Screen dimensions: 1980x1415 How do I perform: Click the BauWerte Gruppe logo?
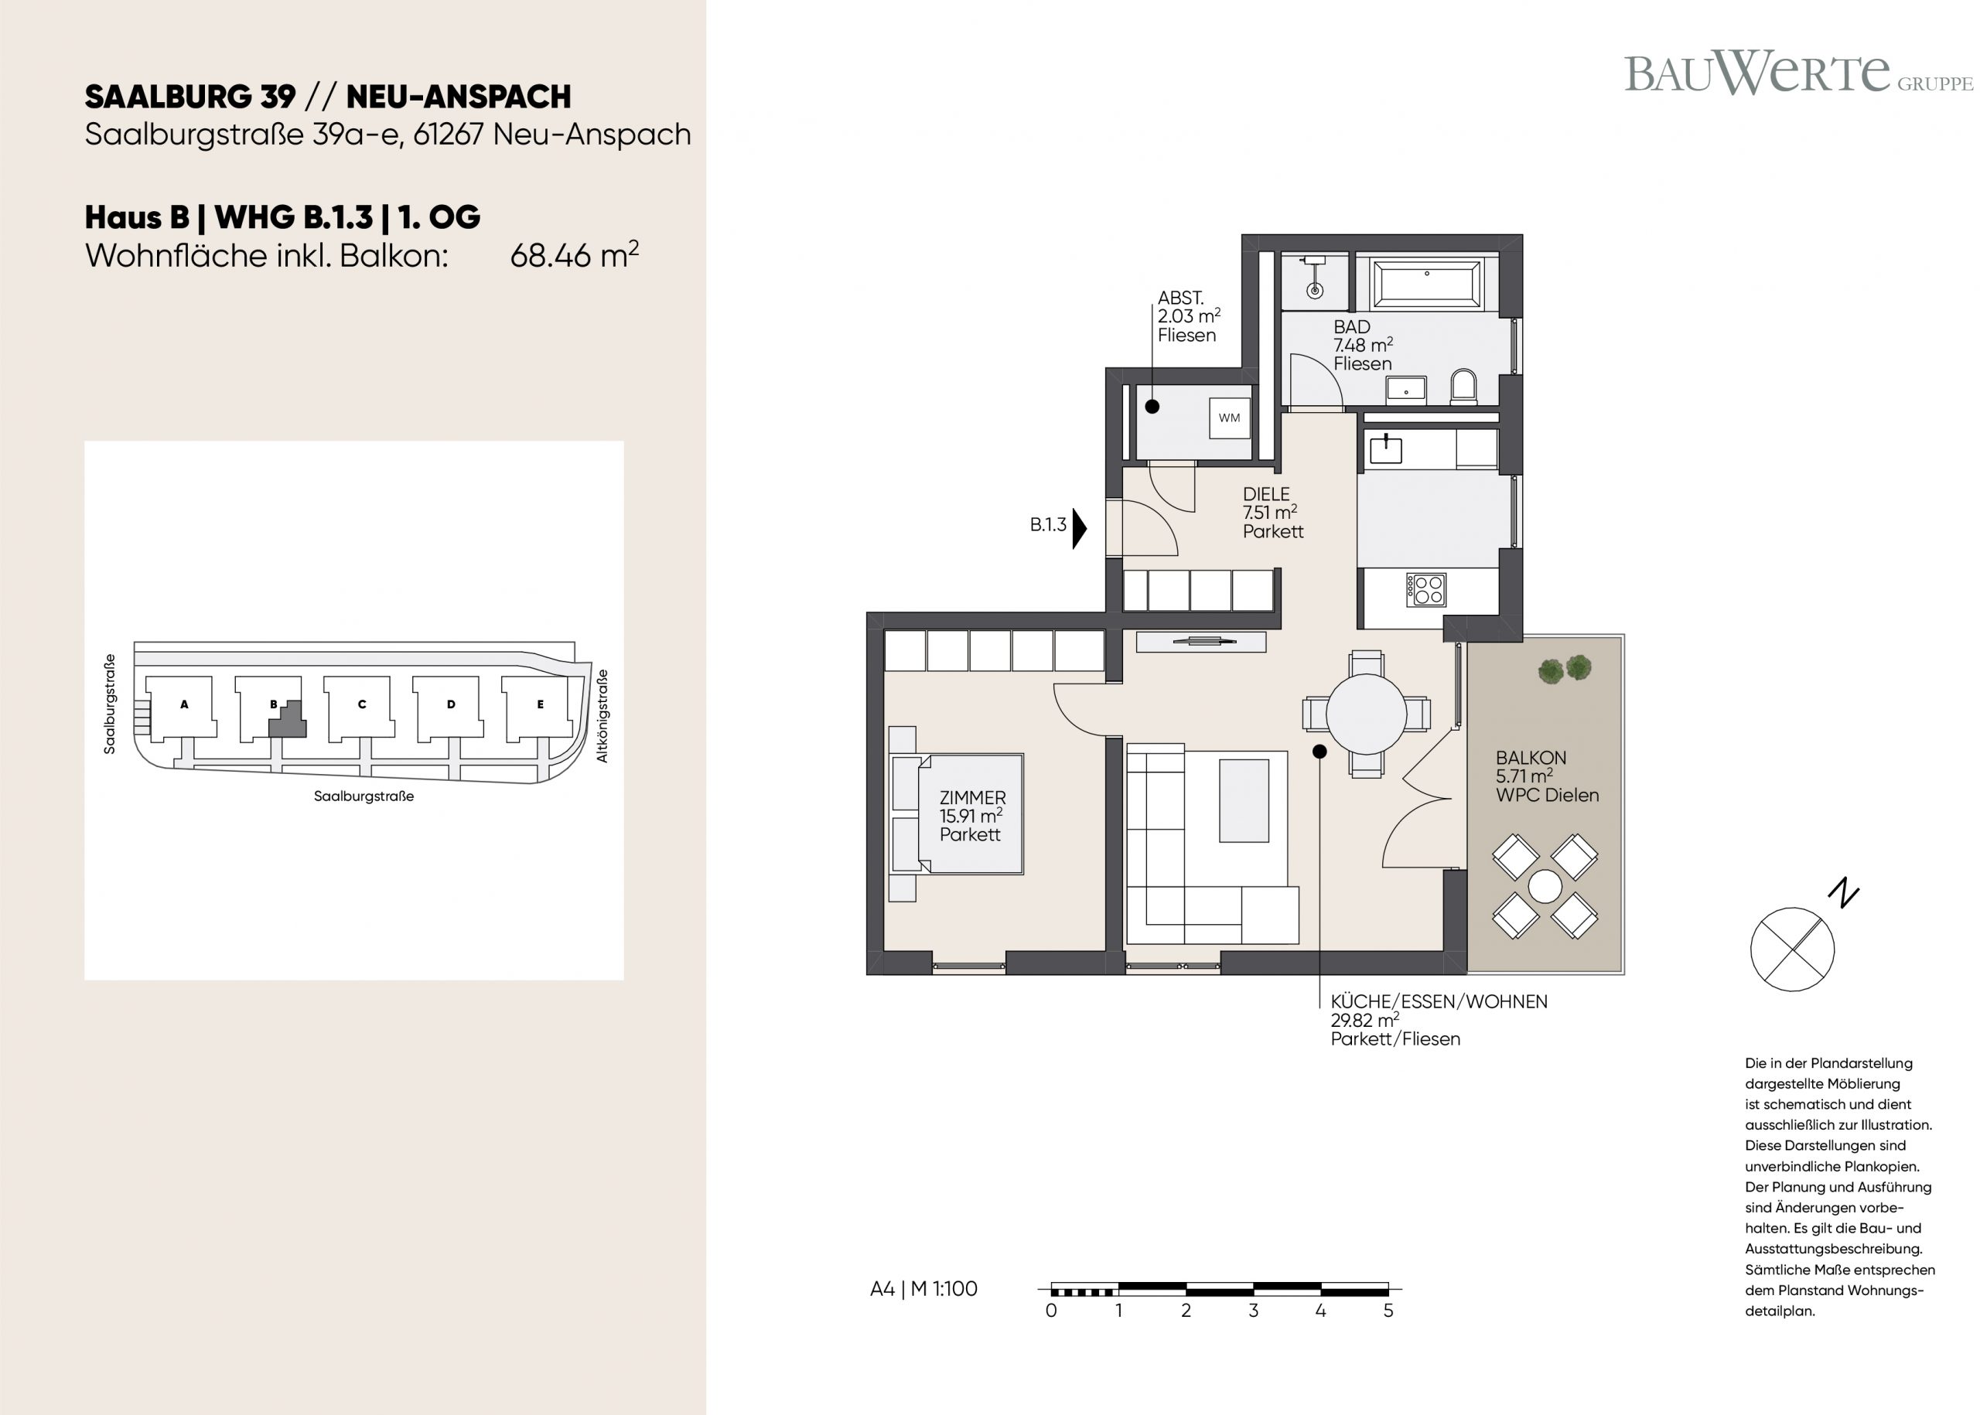point(1798,73)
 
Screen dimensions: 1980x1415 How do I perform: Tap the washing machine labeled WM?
point(1229,418)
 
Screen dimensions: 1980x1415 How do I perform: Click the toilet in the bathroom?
point(1464,387)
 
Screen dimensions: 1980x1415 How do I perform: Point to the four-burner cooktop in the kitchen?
point(1425,590)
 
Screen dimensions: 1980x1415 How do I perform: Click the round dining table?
point(1366,714)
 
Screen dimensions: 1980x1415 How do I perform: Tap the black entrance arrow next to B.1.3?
point(1080,528)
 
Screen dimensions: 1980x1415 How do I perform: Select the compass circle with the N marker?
point(1792,949)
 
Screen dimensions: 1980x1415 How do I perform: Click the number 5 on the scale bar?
point(1388,1311)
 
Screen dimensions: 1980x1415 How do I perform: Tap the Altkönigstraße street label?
point(603,716)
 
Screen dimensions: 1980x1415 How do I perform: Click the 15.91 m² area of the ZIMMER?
point(970,816)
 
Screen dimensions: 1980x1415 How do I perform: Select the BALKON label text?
point(1531,758)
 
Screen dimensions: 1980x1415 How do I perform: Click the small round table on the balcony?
point(1545,887)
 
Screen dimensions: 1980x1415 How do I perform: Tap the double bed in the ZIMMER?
point(957,813)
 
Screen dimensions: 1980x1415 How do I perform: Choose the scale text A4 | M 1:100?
point(923,1289)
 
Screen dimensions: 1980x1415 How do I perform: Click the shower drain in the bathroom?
point(1315,290)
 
